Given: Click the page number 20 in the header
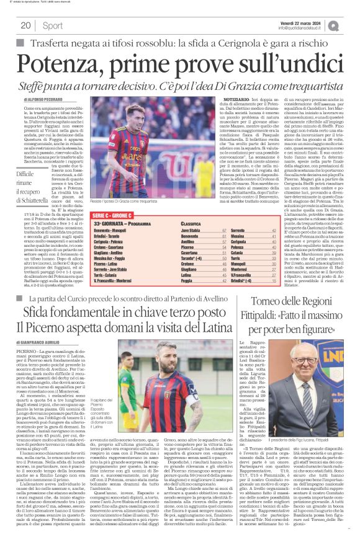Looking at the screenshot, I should point(25,25).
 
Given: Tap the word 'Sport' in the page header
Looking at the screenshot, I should point(53,25).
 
